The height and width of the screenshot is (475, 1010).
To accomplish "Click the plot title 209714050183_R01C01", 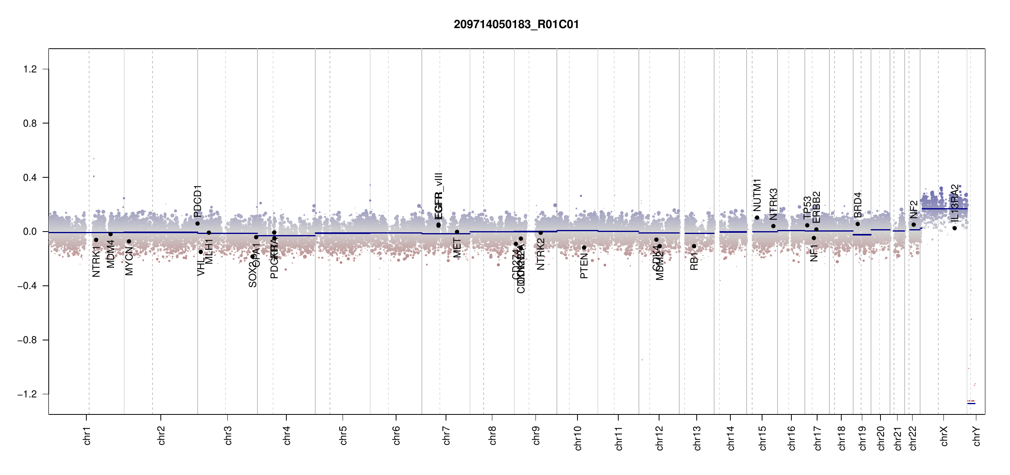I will coord(516,25).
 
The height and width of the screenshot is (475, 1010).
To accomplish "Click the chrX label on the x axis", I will coord(944,436).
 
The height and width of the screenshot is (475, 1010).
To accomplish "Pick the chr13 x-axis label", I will coord(697,438).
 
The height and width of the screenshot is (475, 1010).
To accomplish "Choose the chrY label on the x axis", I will coord(977,436).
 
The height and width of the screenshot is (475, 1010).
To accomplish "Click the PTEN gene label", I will coord(584,266).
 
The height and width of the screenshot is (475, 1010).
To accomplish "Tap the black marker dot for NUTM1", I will coord(757,218).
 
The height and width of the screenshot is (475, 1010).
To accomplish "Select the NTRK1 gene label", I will coord(96,261).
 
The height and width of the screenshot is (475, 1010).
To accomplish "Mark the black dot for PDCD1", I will coord(198,224).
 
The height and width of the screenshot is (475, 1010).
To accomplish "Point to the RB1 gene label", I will coord(694,262).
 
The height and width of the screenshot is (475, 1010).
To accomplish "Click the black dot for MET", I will coord(457,232).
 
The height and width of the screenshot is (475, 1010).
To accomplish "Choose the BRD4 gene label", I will coord(858,205).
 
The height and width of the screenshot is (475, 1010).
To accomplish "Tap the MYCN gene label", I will coord(129,261).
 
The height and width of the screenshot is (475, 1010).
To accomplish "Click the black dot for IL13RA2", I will coord(955,228).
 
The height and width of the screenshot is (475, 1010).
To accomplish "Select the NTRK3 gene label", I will coord(774,204).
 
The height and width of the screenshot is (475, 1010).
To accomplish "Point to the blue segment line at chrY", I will coord(971,403).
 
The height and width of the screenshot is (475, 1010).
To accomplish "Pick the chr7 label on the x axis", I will coord(447,435).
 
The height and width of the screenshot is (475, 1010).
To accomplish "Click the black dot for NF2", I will coord(914,224).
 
